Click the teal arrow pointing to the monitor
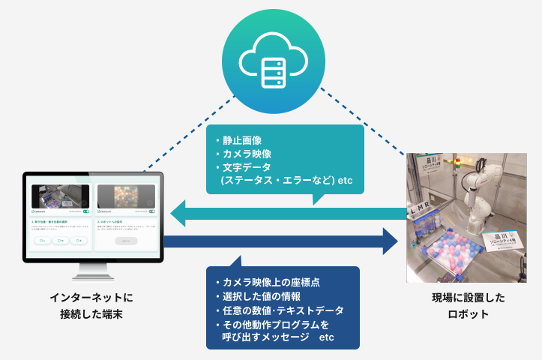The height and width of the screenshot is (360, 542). (x=285, y=215)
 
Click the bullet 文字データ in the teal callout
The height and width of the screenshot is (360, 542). (x=247, y=166)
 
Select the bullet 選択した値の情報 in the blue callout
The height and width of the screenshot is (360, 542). (x=259, y=296)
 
